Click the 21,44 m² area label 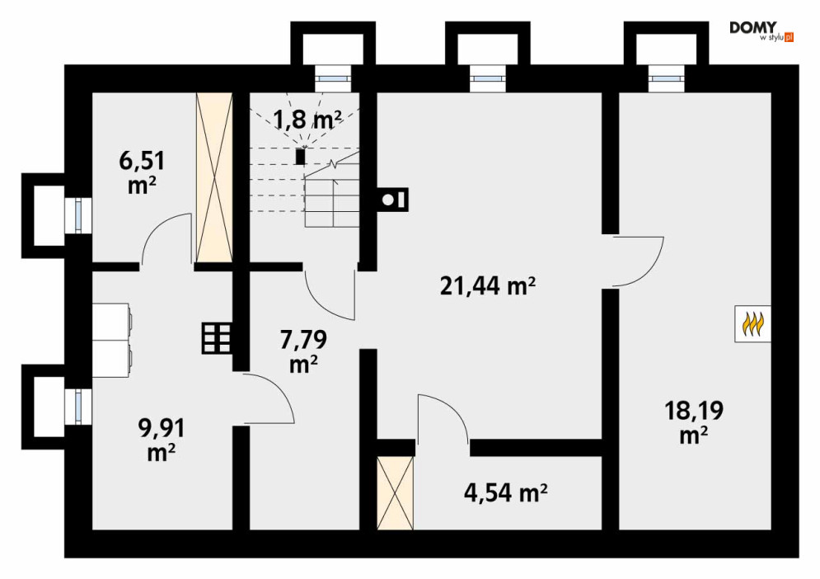[487, 286]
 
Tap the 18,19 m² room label [694, 422]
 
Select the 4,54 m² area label [506, 492]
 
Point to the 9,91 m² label [161, 440]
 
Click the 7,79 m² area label [304, 351]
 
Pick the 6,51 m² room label [143, 172]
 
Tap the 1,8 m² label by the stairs [307, 120]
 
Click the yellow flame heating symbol [753, 324]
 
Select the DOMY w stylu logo [761, 31]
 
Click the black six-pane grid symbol [217, 338]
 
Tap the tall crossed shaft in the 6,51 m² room [214, 177]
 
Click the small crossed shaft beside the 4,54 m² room [395, 493]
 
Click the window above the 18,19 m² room [666, 78]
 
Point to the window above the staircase [333, 78]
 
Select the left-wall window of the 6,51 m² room [78, 216]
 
